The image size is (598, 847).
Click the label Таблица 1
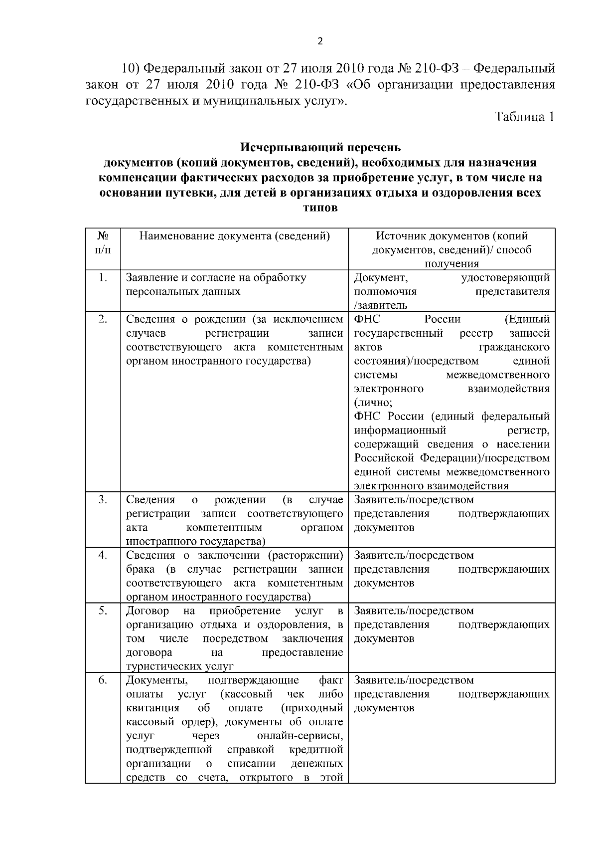coord(524,117)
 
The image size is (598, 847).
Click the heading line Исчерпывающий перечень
coord(320,148)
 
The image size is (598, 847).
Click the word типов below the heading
coord(320,208)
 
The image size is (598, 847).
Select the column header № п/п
coord(103,242)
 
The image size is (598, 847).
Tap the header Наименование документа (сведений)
coord(234,236)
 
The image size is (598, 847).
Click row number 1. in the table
coord(103,278)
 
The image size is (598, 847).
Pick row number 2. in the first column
coord(103,319)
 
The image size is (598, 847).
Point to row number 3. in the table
coord(103,499)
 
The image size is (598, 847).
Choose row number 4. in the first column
coord(103,555)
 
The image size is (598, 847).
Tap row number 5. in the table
coord(103,611)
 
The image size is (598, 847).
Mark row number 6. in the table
coord(103,680)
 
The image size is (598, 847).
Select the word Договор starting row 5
coord(148,611)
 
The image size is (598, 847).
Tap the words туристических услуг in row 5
coord(180,666)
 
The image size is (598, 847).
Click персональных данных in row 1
coord(183,291)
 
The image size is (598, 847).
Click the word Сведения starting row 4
coord(150,555)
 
